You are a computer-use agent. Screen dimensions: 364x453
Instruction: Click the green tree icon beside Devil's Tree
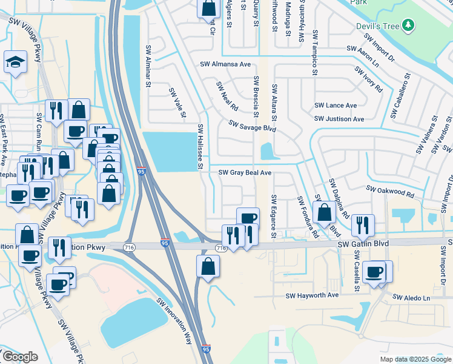(409, 24)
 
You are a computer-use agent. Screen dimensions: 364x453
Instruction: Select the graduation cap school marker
(15, 62)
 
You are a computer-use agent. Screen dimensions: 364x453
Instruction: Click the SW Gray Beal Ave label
(245, 173)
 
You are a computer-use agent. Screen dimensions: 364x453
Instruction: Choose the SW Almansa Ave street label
(225, 64)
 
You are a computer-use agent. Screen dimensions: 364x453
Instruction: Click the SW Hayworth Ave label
(312, 295)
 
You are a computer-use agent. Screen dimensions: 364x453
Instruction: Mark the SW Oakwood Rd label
(389, 192)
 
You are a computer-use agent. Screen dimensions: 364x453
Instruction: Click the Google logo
(19, 357)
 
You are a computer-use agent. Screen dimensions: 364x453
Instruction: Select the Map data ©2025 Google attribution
(415, 359)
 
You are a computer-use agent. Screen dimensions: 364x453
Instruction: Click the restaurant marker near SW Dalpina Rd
(362, 224)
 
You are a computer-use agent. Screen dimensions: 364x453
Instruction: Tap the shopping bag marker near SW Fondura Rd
(325, 212)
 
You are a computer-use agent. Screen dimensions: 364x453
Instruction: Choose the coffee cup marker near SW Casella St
(375, 271)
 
